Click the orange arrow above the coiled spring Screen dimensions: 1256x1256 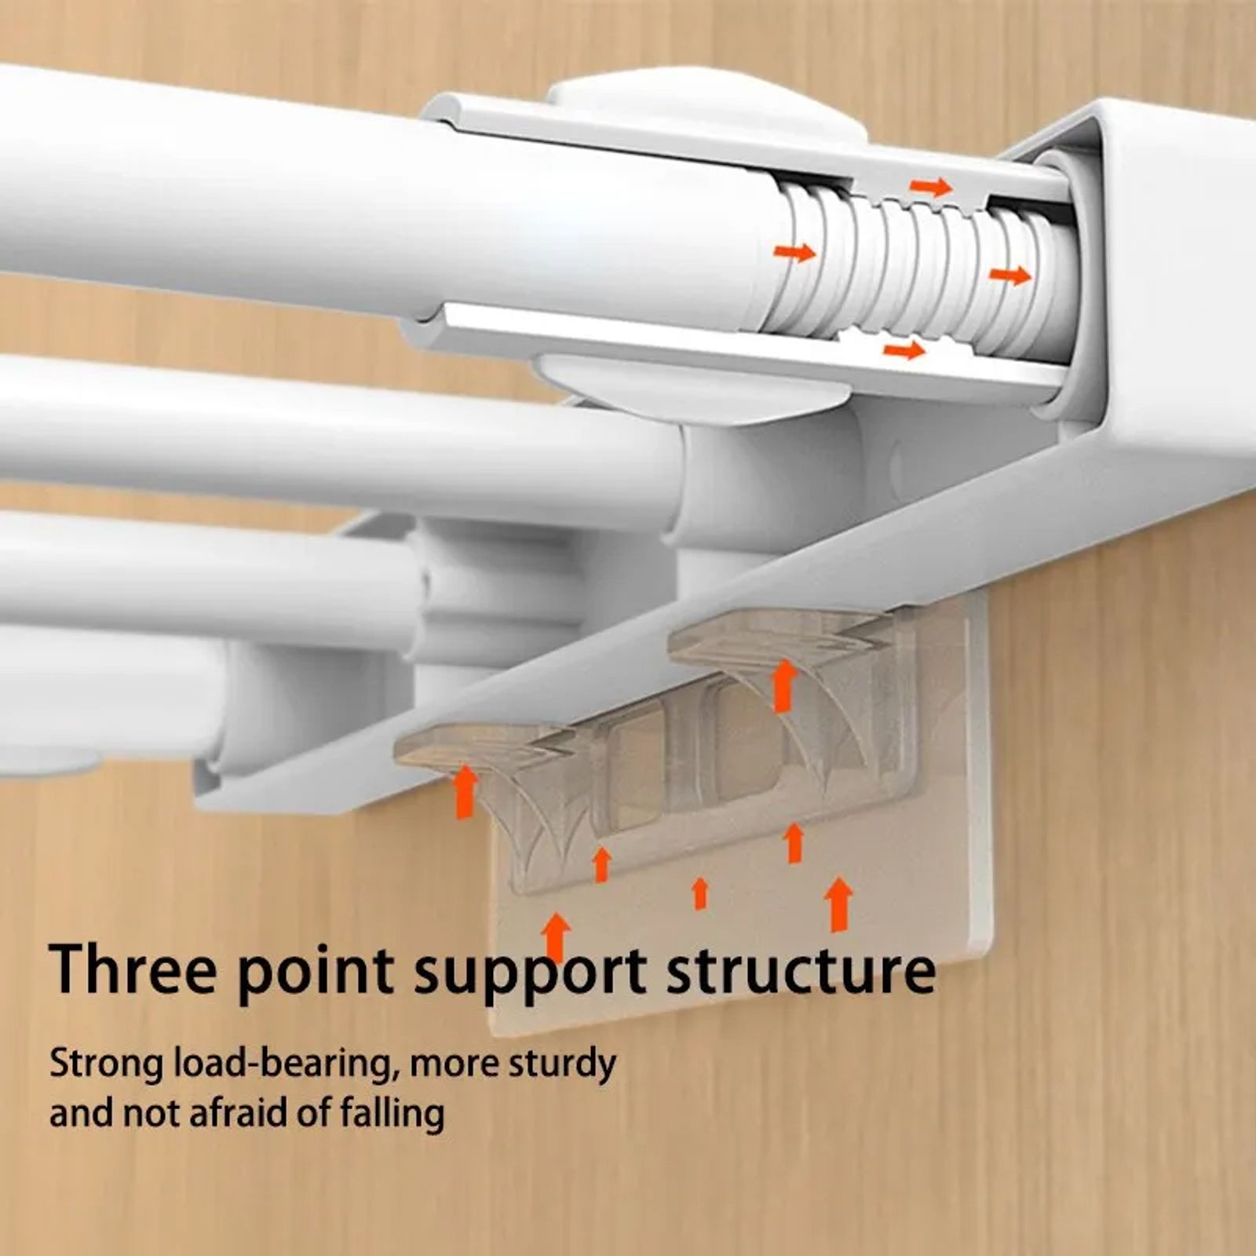[x=930, y=187]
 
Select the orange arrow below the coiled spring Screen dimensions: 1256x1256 [x=904, y=349]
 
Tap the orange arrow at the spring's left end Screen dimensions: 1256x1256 [x=794, y=253]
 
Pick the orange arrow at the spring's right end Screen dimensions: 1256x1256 [x=1010, y=276]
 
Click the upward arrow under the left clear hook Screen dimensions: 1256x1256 [x=466, y=792]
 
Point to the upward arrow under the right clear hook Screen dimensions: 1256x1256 [x=785, y=685]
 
